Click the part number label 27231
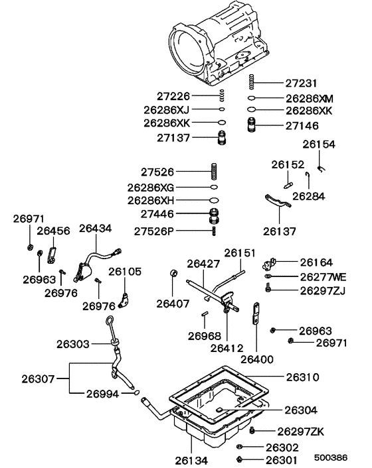303,84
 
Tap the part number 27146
303,125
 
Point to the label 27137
175,138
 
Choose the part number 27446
175,214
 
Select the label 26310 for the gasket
303,377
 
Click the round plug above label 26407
174,274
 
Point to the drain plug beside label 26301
239,459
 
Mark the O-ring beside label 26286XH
213,200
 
